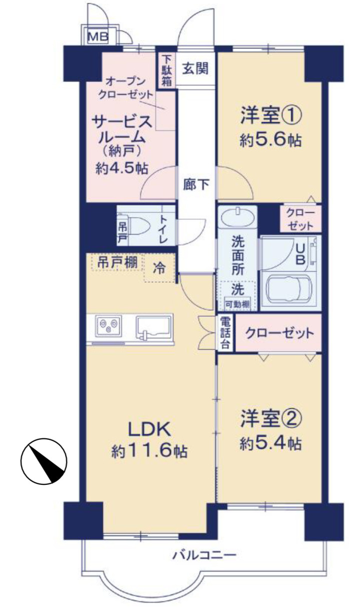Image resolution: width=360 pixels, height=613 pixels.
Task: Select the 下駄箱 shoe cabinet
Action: click(x=166, y=70)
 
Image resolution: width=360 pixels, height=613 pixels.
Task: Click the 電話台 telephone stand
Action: click(x=225, y=333)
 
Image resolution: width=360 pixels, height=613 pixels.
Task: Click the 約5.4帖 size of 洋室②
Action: click(x=270, y=443)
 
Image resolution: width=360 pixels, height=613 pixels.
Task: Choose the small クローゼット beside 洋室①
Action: click(x=300, y=219)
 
